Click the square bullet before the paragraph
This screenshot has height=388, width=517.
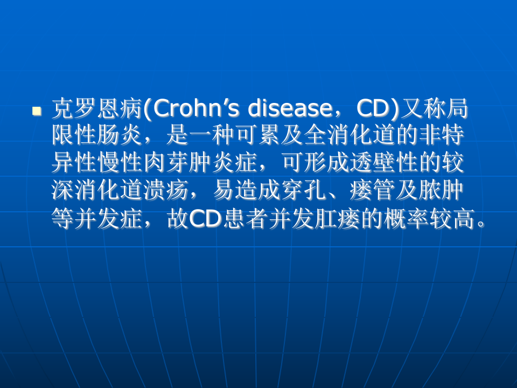coord(37,111)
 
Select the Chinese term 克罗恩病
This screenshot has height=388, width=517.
coord(96,109)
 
